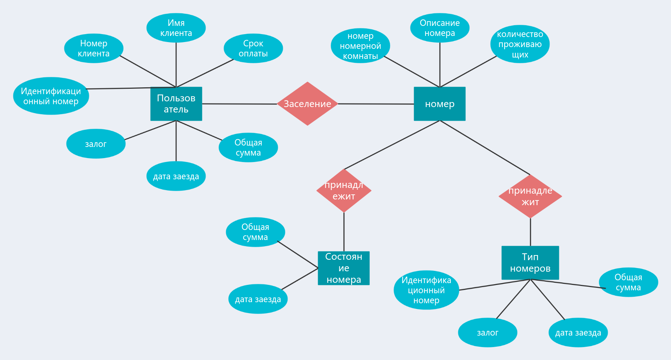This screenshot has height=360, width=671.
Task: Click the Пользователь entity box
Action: pyautogui.click(x=176, y=104)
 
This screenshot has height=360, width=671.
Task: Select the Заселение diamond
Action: pyautogui.click(x=307, y=104)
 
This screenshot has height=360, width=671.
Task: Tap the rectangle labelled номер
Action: pyautogui.click(x=440, y=104)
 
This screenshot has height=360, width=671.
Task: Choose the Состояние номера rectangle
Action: pyautogui.click(x=344, y=268)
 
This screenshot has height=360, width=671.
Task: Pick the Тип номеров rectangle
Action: pyautogui.click(x=530, y=263)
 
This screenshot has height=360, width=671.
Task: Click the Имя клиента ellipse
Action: pyautogui.click(x=176, y=28)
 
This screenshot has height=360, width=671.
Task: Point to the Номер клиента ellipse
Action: pyautogui.click(x=94, y=49)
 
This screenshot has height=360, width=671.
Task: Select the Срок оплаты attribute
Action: pyautogui.click(x=253, y=49)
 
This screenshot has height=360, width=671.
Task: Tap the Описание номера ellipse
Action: pyautogui.click(x=440, y=28)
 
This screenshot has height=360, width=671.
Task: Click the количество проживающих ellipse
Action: pyautogui.click(x=520, y=44)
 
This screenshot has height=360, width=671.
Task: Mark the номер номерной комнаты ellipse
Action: pyautogui.click(x=360, y=46)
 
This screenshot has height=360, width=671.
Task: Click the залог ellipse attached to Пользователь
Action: pyautogui.click(x=96, y=144)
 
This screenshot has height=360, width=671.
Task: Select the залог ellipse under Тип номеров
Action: pyautogui.click(x=488, y=333)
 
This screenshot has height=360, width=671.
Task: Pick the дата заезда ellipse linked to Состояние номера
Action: pyautogui.click(x=258, y=299)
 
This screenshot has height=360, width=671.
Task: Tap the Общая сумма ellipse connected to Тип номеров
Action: pyautogui.click(x=629, y=282)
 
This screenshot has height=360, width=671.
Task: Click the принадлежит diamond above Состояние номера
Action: pyautogui.click(x=344, y=190)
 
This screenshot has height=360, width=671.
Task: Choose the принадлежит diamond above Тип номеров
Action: pyautogui.click(x=530, y=196)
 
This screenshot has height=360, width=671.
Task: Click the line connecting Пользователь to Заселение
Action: pyautogui.click(x=239, y=104)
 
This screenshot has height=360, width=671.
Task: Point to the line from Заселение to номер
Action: pyautogui.click(x=376, y=104)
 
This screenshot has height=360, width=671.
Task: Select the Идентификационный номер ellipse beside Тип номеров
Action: pyautogui.click(x=426, y=290)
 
